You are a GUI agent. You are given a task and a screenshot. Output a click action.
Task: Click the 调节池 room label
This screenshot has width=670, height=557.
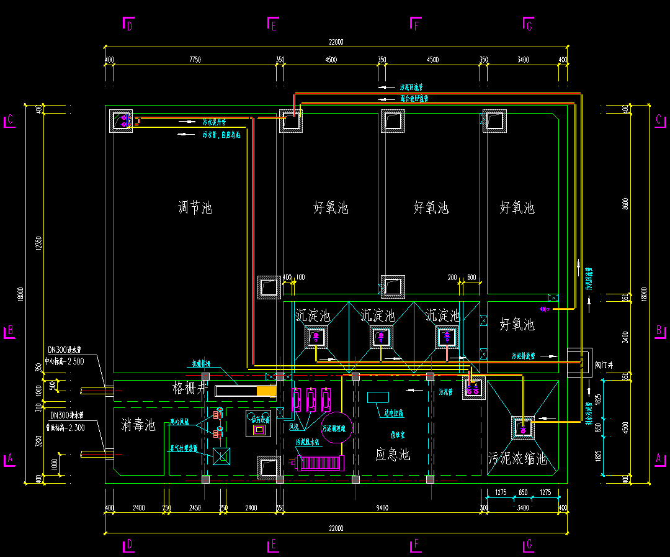pyautogui.click(x=195, y=207)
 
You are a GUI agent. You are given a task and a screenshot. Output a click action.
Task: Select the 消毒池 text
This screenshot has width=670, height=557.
pyautogui.click(x=139, y=425)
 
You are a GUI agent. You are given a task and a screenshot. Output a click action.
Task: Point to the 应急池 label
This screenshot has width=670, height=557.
pyautogui.click(x=393, y=455)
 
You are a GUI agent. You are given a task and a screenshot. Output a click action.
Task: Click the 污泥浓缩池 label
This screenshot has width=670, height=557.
pyautogui.click(x=517, y=459)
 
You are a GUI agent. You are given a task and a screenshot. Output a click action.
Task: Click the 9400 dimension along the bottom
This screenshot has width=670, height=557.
pyautogui.click(x=382, y=508)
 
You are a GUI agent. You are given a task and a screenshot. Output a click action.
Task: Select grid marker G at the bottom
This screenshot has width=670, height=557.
pyautogui.click(x=529, y=545)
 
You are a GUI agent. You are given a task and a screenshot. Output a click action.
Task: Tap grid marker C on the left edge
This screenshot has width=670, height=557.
pyautogui.click(x=9, y=121)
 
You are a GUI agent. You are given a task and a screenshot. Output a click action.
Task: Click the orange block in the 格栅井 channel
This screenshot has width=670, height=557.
pyautogui.click(x=266, y=391)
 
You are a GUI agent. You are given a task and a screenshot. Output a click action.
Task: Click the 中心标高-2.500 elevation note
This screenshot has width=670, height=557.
pyautogui.click(x=65, y=361)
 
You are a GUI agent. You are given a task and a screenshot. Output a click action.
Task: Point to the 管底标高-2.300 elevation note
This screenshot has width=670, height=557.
pyautogui.click(x=65, y=427)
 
